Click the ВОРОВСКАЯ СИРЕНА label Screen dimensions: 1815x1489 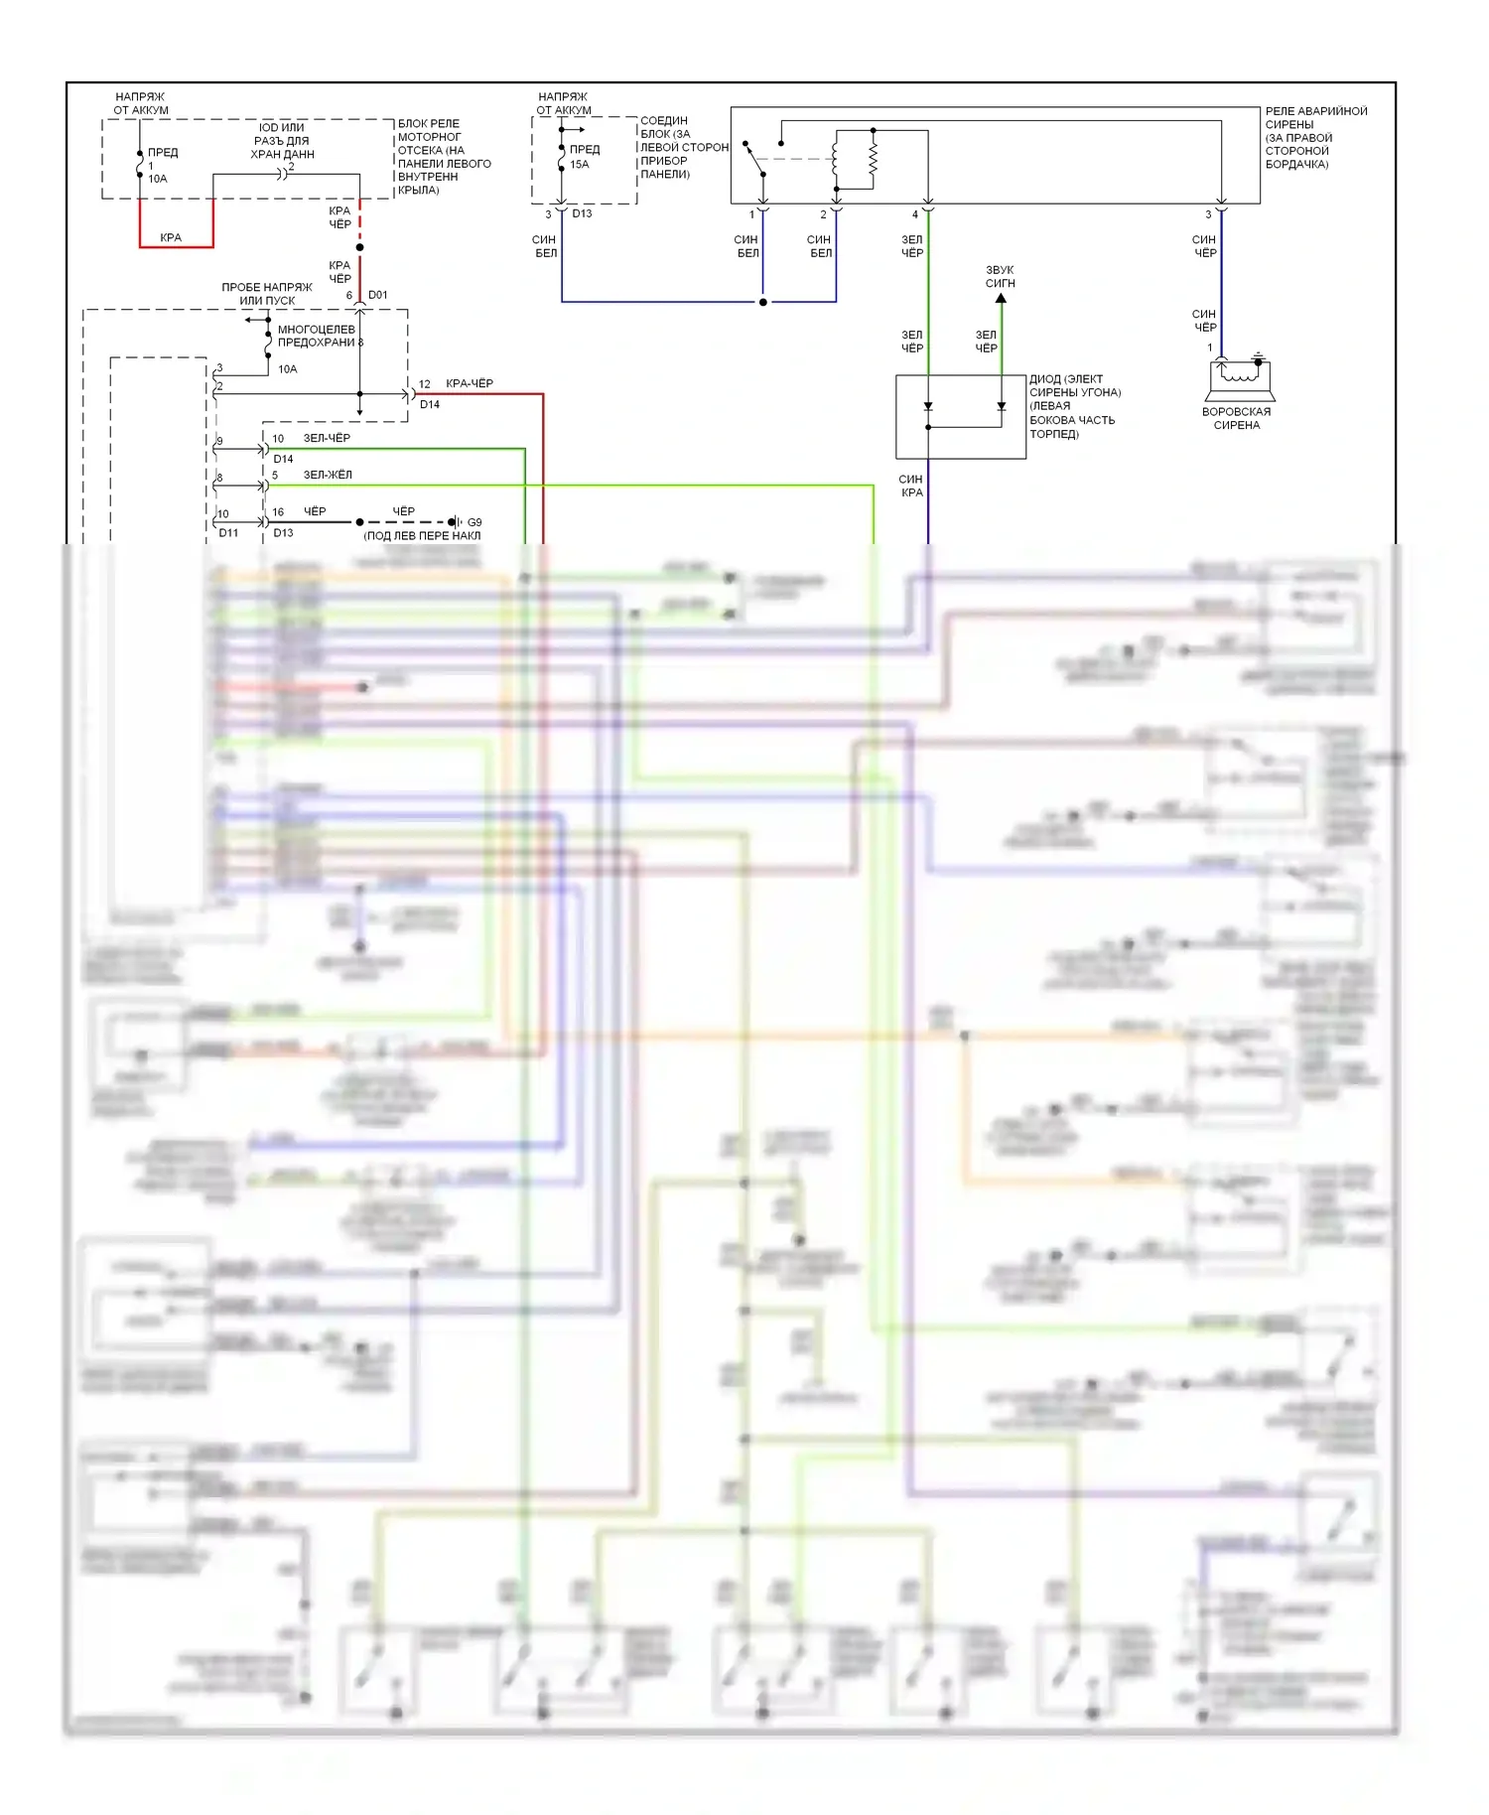click(x=1236, y=418)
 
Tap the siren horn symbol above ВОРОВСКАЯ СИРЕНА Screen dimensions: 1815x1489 click(x=1241, y=375)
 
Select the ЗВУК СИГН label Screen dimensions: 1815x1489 click(x=1000, y=276)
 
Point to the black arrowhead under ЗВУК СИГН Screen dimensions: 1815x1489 click(x=1001, y=298)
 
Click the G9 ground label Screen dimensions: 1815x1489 click(x=474, y=522)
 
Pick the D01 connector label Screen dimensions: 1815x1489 click(x=378, y=295)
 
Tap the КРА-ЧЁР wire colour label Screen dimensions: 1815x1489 click(x=470, y=383)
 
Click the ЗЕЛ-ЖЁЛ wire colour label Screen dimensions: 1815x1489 click(x=328, y=475)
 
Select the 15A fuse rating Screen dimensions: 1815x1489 click(x=580, y=165)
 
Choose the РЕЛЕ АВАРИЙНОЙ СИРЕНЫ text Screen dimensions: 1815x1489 click(x=1315, y=137)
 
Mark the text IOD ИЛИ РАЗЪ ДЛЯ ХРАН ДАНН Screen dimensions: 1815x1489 click(x=282, y=141)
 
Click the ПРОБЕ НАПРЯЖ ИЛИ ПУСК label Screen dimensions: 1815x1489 click(x=267, y=294)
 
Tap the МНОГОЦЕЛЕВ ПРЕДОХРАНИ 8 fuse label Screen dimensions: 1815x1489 click(x=320, y=336)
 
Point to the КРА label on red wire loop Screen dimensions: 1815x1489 click(x=171, y=237)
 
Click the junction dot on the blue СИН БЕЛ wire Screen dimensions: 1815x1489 click(x=762, y=302)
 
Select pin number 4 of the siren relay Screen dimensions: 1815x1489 click(x=915, y=214)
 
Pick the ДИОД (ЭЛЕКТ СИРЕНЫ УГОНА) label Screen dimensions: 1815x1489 click(x=1074, y=406)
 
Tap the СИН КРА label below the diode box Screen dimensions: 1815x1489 click(x=911, y=486)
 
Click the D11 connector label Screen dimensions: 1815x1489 click(x=228, y=533)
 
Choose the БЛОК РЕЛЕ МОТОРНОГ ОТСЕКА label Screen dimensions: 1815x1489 click(x=444, y=157)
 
